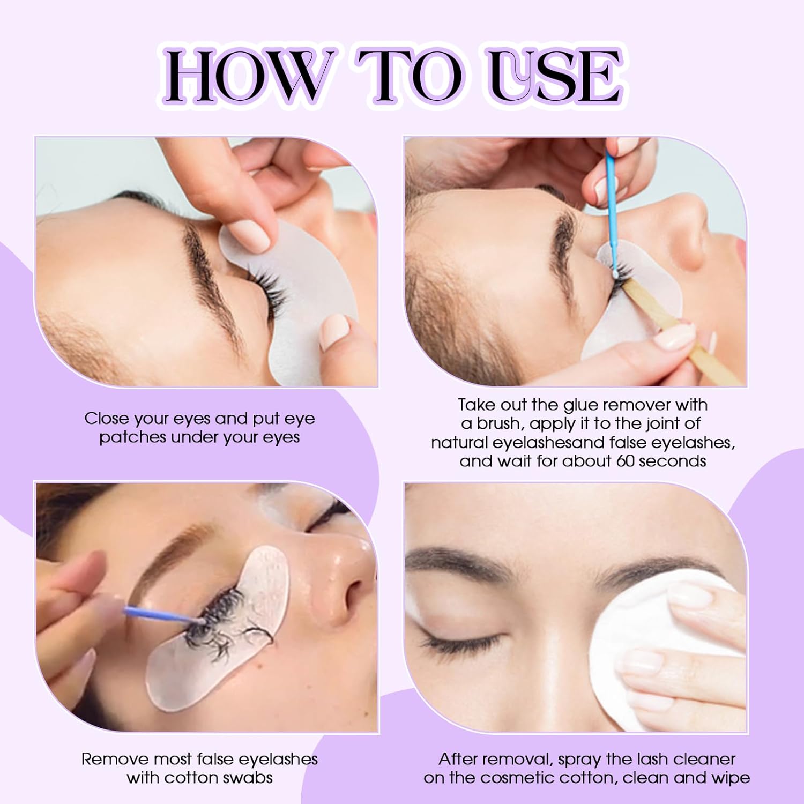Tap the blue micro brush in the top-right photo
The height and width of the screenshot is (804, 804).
pyautogui.click(x=611, y=204)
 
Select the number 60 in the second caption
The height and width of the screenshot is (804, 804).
pyautogui.click(x=626, y=461)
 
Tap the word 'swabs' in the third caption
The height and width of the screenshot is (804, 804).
pyautogui.click(x=247, y=778)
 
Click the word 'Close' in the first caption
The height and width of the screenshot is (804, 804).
pyautogui.click(x=106, y=419)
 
